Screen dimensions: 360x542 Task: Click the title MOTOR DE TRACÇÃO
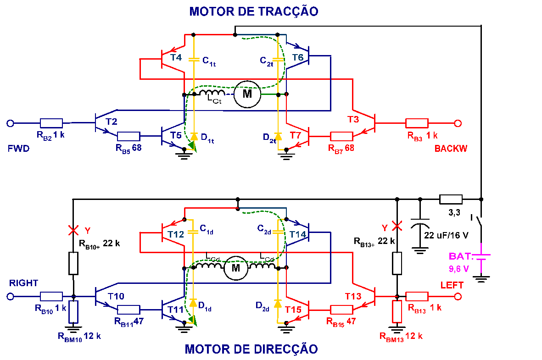point(253,11)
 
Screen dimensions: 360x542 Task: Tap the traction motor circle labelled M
point(247,94)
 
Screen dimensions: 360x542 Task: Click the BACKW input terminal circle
point(457,123)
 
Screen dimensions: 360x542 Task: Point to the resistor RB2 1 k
point(51,123)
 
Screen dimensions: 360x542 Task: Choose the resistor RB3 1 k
point(417,123)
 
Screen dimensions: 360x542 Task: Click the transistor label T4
point(176,58)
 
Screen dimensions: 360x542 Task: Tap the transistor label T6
point(297,58)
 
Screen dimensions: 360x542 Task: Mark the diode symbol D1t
point(194,136)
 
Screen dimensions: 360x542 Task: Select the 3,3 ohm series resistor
point(451,199)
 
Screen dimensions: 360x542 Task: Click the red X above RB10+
point(73,229)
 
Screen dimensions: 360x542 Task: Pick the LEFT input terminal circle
point(457,297)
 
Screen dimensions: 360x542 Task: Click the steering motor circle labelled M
point(235,268)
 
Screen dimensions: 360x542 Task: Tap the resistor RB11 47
point(129,310)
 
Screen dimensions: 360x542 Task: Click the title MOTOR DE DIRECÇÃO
point(251,349)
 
